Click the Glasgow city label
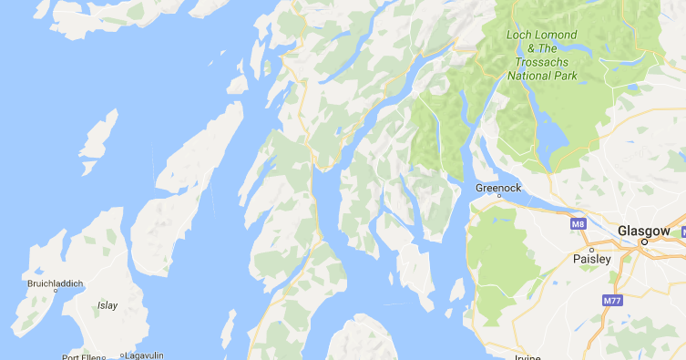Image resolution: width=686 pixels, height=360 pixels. (643, 231)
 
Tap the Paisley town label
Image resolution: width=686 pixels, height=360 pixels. (591, 260)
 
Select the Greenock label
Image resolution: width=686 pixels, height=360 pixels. (498, 188)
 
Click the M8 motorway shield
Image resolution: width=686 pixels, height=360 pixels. (578, 223)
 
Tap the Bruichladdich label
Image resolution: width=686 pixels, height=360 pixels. (55, 283)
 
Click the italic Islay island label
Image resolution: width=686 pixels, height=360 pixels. (108, 305)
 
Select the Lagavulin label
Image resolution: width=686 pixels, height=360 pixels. (147, 356)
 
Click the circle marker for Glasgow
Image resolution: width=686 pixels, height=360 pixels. (643, 242)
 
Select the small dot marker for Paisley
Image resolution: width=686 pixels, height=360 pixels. (591, 249)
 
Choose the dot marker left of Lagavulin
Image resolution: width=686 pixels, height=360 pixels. (121, 356)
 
